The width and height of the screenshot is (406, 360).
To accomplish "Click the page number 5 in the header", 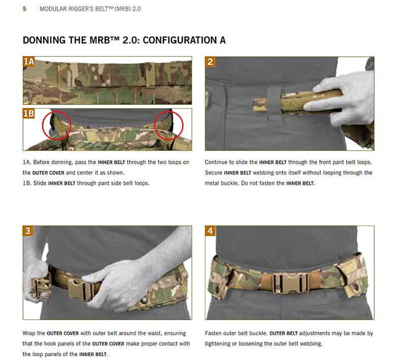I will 24,9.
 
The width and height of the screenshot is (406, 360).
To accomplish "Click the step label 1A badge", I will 29,62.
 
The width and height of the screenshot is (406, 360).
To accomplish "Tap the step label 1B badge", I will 29,114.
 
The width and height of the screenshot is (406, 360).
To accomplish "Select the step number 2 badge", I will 210,62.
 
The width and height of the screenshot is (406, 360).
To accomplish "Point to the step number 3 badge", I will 28,231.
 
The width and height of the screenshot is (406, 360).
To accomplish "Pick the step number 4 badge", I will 210,231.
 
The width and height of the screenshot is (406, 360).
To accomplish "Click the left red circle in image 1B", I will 56,125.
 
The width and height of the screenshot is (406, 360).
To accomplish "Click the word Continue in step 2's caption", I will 216,162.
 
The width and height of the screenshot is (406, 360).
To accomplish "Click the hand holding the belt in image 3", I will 114,284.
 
